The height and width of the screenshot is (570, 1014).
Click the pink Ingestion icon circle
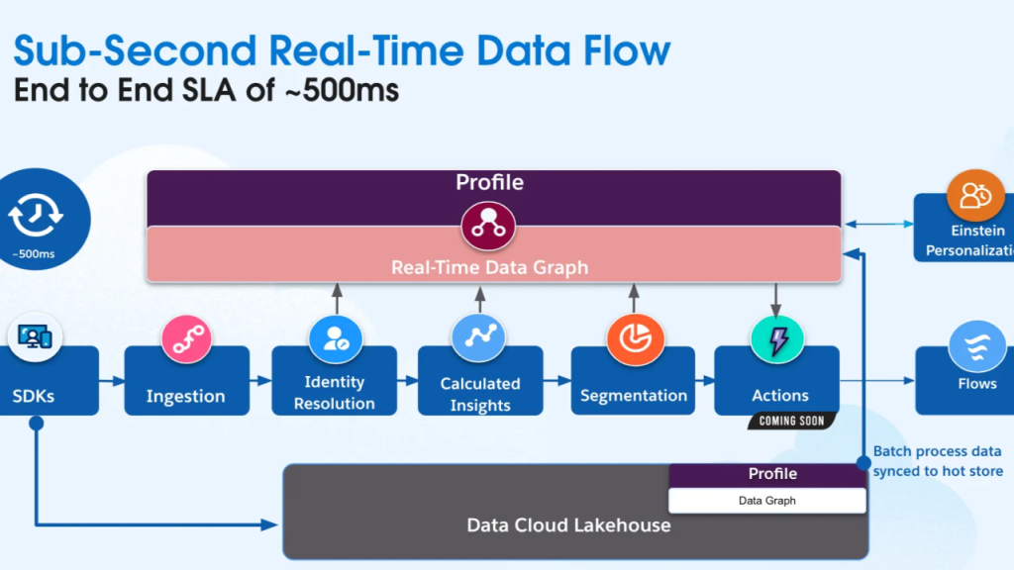tap(186, 338)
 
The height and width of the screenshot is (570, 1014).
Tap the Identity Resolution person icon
tap(335, 338)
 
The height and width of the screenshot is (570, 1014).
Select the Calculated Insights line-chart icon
tap(479, 337)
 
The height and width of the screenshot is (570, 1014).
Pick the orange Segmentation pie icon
tap(635, 338)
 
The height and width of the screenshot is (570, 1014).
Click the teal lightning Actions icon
tap(777, 339)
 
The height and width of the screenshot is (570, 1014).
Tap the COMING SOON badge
tap(791, 421)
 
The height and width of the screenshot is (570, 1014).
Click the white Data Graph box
tap(767, 501)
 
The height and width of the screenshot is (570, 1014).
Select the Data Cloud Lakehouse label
tap(568, 524)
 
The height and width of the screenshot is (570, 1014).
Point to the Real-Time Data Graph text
tap(489, 267)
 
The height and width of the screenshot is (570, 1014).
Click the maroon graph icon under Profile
tap(488, 226)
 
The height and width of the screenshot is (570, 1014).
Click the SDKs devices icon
tap(35, 336)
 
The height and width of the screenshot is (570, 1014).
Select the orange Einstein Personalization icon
tap(975, 195)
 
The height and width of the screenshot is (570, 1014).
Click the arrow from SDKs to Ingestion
tap(112, 381)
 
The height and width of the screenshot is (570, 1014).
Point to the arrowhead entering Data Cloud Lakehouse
tap(269, 524)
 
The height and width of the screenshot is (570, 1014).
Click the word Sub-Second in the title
tap(135, 50)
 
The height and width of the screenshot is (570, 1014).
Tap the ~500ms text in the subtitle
tap(342, 90)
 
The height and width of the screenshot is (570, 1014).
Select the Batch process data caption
tap(937, 451)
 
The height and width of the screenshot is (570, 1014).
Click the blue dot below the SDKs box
tap(37, 424)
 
